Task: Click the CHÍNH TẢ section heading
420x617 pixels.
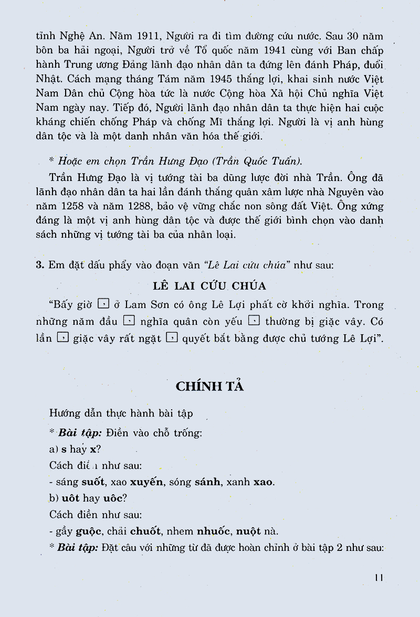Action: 210,386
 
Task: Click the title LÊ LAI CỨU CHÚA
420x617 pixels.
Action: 209,286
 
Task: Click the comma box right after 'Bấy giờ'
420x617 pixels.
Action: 103,304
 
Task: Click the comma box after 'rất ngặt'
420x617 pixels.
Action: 171,338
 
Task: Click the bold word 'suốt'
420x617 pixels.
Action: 93,482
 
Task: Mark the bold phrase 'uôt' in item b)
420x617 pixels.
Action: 70,497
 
